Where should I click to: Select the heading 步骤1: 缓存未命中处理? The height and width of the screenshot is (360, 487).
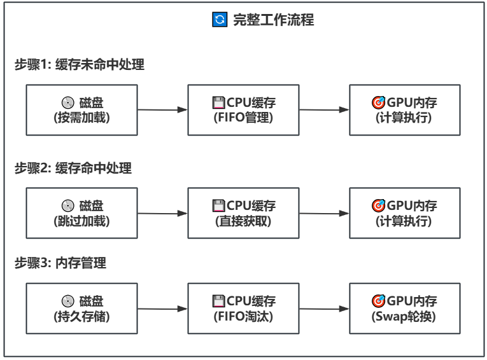click(80, 65)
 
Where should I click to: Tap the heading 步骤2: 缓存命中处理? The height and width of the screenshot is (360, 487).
click(73, 169)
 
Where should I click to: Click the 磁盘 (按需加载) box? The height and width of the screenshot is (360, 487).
click(82, 109)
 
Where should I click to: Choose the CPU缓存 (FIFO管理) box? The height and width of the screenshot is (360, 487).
click(243, 109)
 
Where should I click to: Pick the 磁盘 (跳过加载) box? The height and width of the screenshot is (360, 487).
click(82, 213)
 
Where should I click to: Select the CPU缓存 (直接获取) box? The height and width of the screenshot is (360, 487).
click(243, 213)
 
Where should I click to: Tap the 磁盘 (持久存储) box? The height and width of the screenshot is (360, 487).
click(82, 309)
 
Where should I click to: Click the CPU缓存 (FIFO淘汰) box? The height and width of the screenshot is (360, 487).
click(243, 309)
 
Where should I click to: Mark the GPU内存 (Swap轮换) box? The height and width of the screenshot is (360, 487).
click(404, 309)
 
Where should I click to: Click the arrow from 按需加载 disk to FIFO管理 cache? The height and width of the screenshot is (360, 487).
click(162, 109)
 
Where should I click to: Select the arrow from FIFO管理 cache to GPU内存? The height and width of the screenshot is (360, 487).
click(324, 109)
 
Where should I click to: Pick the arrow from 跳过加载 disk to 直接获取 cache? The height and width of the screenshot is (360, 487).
click(162, 213)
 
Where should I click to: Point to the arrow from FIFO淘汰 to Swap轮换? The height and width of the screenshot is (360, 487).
click(324, 309)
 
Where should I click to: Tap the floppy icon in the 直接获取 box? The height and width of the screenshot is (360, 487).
click(218, 205)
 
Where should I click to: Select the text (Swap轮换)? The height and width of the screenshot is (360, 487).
click(404, 316)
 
